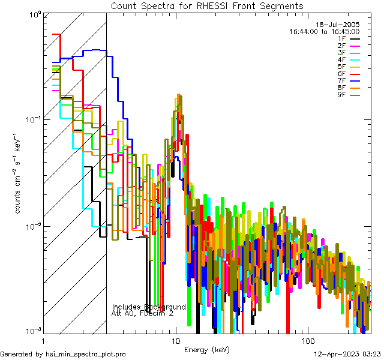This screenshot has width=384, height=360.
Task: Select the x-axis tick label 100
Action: click(x=307, y=340)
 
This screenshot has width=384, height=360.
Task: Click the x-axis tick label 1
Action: click(x=43, y=340)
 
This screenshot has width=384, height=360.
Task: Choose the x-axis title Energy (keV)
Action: click(x=206, y=349)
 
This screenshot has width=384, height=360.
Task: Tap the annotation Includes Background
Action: click(x=149, y=307)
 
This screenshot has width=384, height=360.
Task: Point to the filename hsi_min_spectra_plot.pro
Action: click(x=86, y=354)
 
